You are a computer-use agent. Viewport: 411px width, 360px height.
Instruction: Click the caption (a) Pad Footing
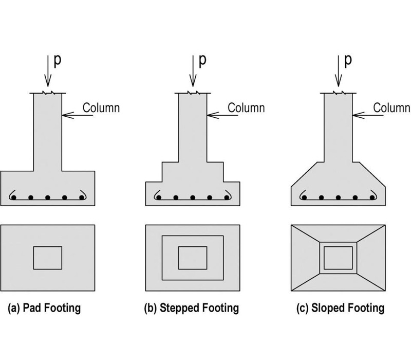[44, 309]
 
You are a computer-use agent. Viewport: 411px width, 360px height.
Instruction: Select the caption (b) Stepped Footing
[192, 309]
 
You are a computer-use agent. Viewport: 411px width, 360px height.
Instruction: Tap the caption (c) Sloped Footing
[340, 309]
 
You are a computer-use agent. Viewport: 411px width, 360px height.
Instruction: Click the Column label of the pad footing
[101, 108]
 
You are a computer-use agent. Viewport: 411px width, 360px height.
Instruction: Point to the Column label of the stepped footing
[246, 108]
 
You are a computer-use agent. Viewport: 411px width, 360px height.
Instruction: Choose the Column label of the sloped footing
[391, 108]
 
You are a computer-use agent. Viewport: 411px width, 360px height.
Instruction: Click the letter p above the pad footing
[57, 60]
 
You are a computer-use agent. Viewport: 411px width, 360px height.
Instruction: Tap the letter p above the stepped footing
[202, 60]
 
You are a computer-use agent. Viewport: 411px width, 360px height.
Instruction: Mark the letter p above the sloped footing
[348, 60]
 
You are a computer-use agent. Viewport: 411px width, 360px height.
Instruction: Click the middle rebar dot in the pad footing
[48, 197]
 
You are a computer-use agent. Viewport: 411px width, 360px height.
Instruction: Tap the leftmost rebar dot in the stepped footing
[159, 197]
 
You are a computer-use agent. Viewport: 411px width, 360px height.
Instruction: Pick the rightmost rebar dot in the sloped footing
[371, 197]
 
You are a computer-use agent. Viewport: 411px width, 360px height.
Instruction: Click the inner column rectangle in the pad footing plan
[48, 258]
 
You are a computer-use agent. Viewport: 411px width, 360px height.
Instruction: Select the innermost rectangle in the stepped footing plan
[193, 258]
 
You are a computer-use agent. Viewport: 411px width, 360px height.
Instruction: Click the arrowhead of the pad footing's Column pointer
[64, 114]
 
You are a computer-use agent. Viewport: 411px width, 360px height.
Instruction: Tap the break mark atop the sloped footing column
[338, 93]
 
